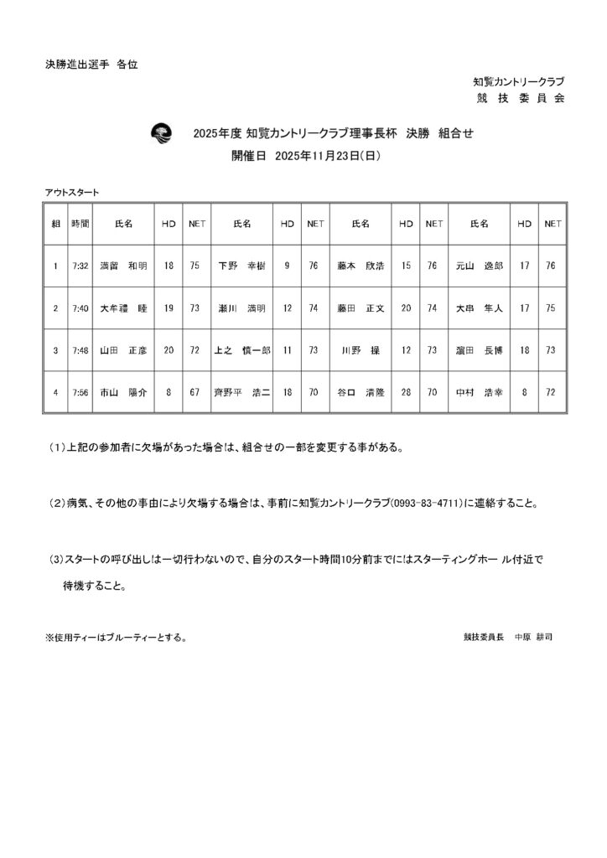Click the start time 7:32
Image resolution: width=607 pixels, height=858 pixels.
(80, 266)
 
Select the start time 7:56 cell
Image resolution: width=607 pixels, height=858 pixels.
(80, 391)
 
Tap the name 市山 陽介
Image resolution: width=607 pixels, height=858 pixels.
(123, 391)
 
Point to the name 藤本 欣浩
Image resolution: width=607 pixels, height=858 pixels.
(361, 266)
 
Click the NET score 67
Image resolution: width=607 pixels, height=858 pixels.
(195, 391)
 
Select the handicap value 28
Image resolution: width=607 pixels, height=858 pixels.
(406, 391)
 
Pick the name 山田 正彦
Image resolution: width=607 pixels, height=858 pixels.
(123, 349)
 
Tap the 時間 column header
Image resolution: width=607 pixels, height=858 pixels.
(80, 224)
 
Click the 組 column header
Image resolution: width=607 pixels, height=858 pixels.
(55, 224)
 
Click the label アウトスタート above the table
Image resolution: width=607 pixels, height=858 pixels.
(72, 193)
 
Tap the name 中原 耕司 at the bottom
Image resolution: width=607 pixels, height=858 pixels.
(533, 637)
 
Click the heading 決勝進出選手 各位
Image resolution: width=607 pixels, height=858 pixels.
(91, 64)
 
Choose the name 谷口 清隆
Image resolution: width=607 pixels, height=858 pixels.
(361, 391)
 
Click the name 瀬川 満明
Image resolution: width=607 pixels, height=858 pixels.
(241, 308)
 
